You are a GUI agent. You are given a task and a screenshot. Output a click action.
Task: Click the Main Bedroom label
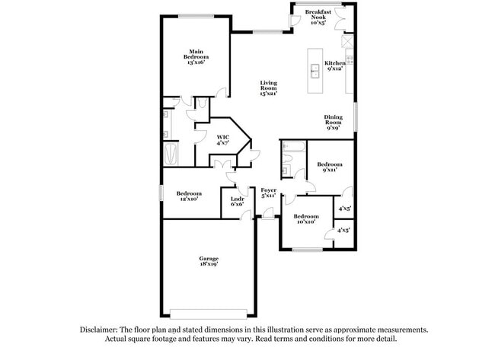[x=196, y=56]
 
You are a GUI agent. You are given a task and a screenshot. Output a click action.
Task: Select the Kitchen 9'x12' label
[x=334, y=65]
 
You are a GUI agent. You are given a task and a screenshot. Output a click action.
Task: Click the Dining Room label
[x=333, y=122]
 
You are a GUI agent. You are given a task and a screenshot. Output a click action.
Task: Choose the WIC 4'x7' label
[x=222, y=139]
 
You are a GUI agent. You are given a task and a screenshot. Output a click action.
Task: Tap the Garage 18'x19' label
[x=209, y=262]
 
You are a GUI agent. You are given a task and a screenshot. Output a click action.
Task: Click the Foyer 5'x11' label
[x=268, y=193]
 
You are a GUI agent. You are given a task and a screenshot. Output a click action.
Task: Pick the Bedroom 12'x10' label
[x=188, y=196]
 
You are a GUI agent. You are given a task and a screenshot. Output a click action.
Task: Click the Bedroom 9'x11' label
[x=330, y=167]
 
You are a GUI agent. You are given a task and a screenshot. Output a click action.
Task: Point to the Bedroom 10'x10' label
[x=306, y=219]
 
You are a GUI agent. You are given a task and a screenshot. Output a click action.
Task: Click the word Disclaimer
[x=100, y=330]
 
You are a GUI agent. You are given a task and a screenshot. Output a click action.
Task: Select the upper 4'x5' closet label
[x=343, y=208]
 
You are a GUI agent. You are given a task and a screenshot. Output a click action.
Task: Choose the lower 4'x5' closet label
[x=343, y=230]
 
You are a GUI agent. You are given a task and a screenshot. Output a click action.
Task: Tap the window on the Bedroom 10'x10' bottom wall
[x=308, y=250]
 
